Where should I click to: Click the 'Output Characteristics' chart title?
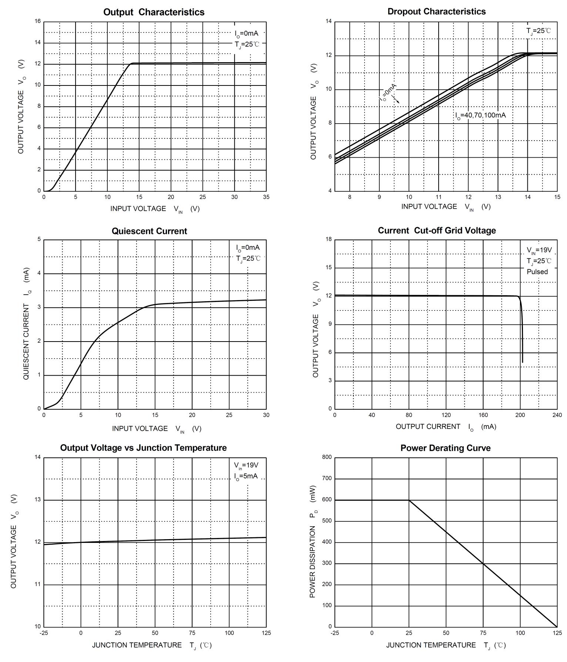click(154, 12)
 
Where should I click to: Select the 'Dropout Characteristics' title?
click(436, 11)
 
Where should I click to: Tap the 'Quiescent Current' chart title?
click(149, 231)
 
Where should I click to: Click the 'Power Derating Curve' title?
click(445, 448)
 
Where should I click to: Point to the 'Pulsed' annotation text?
click(537, 272)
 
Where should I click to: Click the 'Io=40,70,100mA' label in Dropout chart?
click(480, 115)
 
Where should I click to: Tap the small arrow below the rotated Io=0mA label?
click(396, 100)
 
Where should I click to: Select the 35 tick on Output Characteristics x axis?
click(266, 197)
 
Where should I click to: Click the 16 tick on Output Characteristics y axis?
click(38, 21)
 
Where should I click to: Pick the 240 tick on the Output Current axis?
click(557, 415)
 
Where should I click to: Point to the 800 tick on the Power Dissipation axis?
click(327, 457)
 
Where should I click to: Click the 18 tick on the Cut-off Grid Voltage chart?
click(329, 239)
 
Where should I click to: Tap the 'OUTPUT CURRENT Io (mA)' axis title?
click(446, 427)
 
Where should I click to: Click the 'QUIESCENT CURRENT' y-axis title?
click(26, 324)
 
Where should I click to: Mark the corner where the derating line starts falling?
click(409, 500)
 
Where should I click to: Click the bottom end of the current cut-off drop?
click(522, 362)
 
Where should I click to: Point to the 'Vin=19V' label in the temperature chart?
click(246, 465)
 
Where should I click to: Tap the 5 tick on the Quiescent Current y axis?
click(39, 239)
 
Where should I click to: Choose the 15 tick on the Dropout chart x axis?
click(557, 197)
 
